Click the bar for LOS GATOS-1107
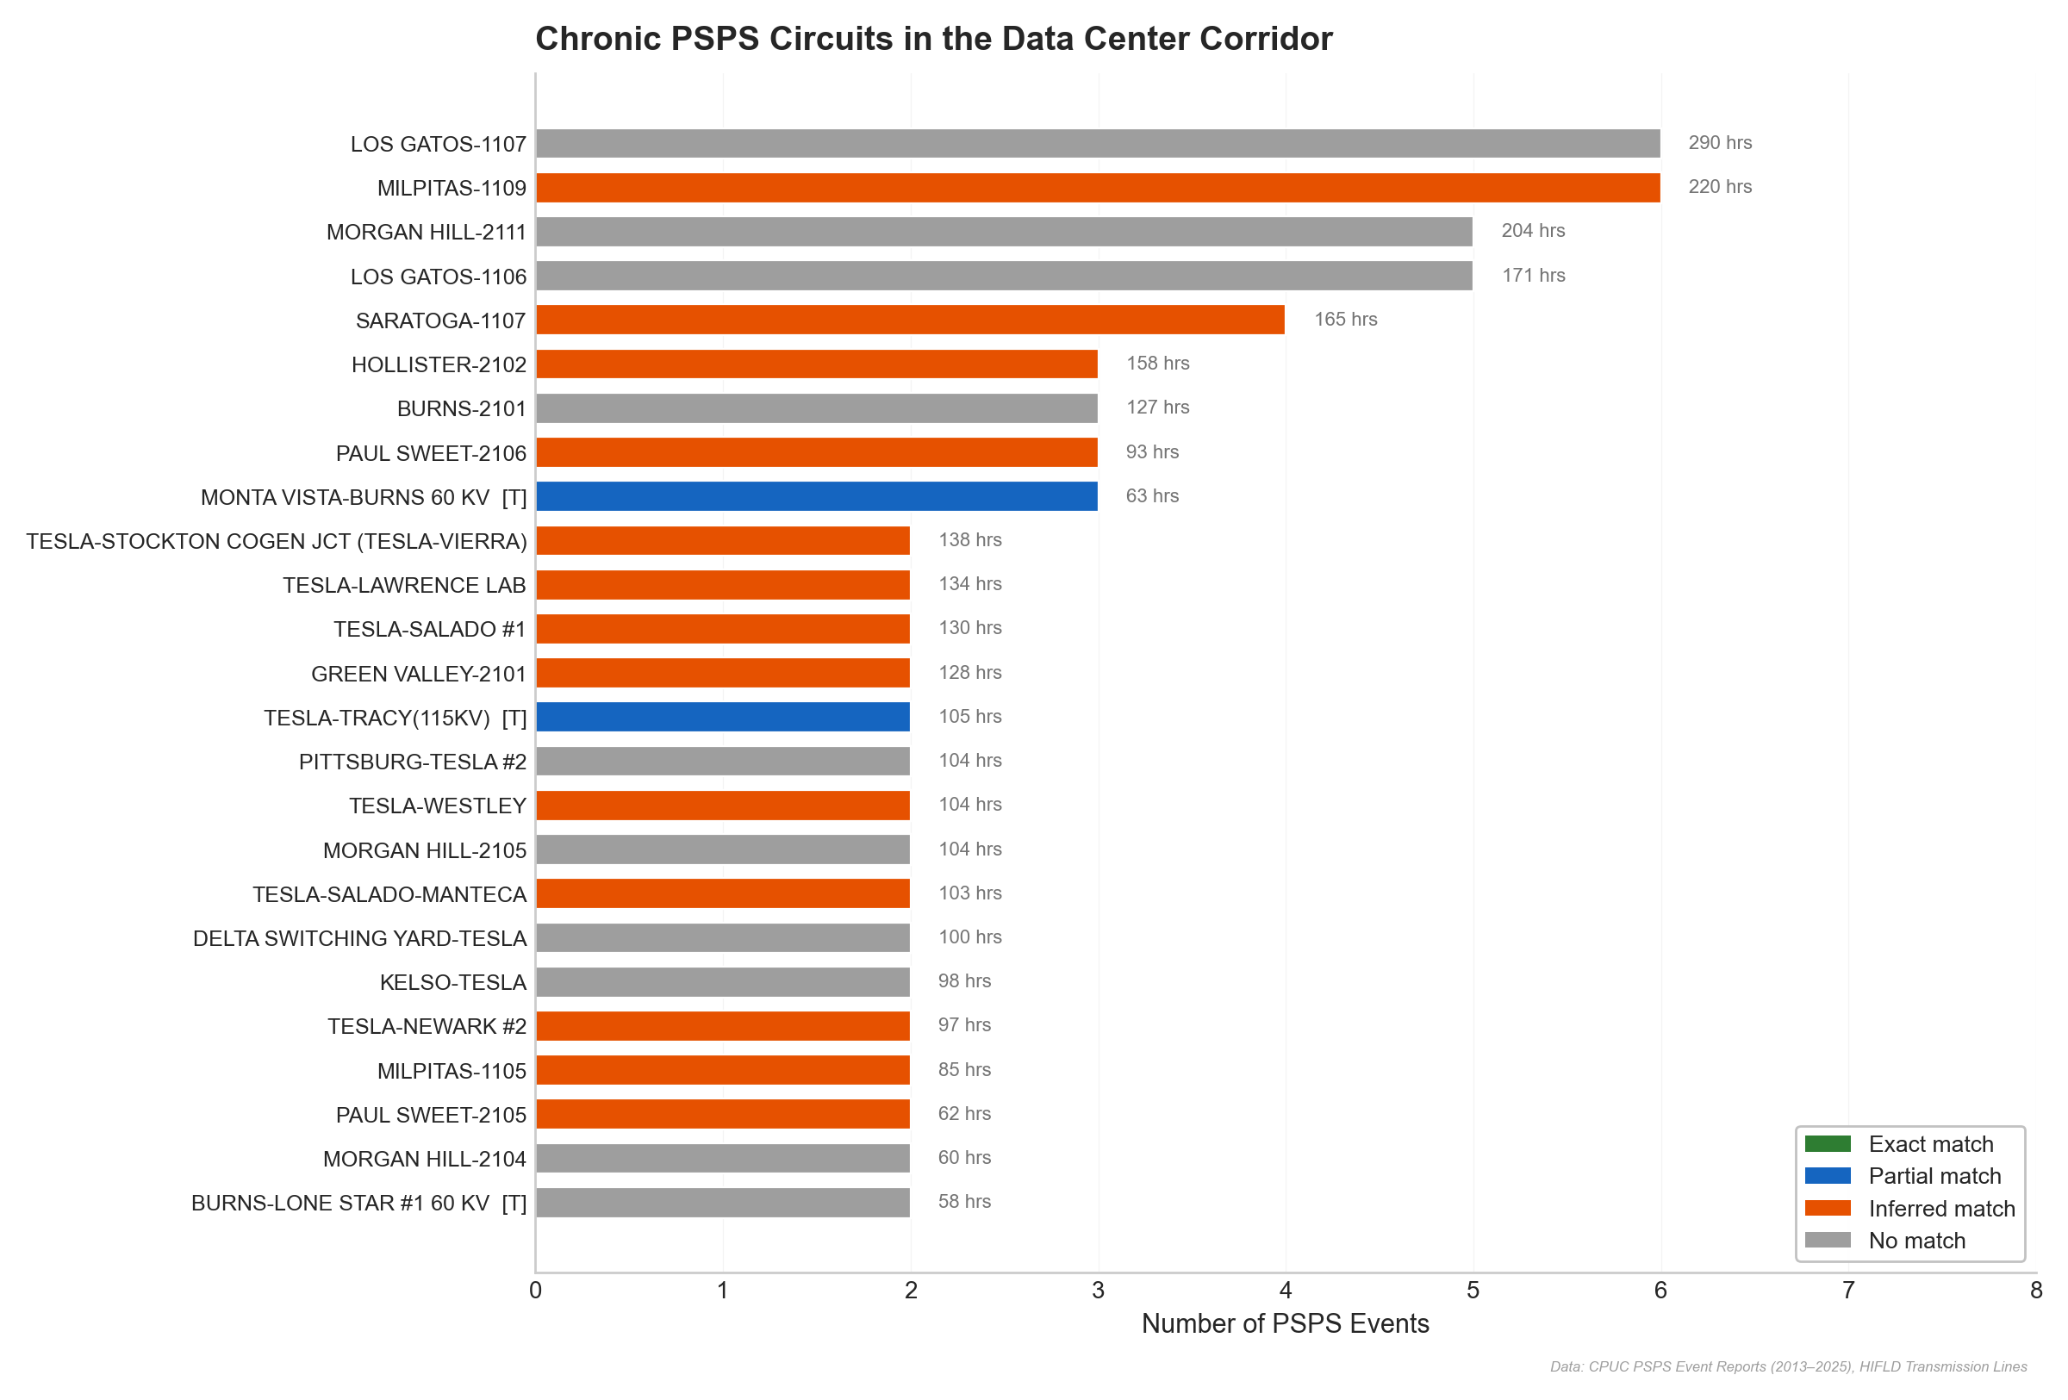point(1097,143)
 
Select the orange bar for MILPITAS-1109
point(1097,188)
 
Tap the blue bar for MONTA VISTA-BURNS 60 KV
point(816,496)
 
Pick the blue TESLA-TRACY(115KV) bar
point(723,717)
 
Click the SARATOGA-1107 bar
point(909,320)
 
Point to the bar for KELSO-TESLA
point(723,982)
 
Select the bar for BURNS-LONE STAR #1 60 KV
point(723,1203)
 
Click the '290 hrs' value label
point(1719,143)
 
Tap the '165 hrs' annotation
point(1344,320)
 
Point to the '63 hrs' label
point(1151,496)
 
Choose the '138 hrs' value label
point(969,540)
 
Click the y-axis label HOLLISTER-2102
point(439,364)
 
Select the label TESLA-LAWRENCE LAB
point(404,585)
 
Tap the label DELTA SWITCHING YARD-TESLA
point(359,938)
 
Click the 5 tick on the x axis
point(1473,1290)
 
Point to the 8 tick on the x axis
point(2035,1290)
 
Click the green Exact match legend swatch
point(1827,1144)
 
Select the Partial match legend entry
point(1934,1176)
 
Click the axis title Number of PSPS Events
point(1285,1323)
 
